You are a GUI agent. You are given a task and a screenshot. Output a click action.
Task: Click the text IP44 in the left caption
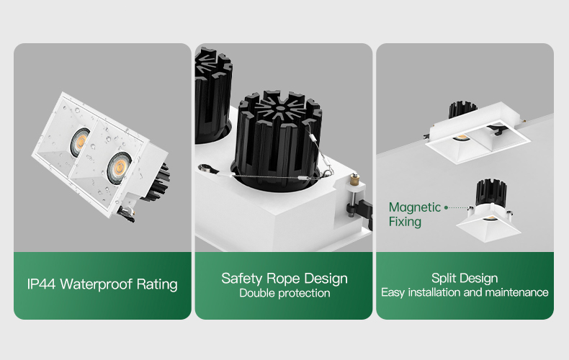tap(41, 284)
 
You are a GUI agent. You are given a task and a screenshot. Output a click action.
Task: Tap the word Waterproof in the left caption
tap(96, 284)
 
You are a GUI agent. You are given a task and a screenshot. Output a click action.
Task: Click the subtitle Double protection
tap(284, 293)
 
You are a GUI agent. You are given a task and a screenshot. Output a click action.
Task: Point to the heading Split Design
tap(465, 279)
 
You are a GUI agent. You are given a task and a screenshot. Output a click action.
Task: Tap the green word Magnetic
tap(415, 207)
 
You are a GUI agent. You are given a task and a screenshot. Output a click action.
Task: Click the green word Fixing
tap(405, 222)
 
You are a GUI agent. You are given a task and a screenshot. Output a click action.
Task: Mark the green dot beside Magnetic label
tap(446, 207)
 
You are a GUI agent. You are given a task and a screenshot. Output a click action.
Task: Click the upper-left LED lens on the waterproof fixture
tap(80, 142)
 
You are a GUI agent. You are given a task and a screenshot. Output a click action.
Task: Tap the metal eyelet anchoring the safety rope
tap(206, 168)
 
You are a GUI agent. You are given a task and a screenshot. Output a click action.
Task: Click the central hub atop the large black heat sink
tap(280, 108)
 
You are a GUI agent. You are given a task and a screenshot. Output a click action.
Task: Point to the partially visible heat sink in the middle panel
tap(212, 96)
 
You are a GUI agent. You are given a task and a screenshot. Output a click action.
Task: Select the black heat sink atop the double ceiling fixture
tap(462, 109)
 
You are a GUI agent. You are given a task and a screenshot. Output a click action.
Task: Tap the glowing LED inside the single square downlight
tap(490, 218)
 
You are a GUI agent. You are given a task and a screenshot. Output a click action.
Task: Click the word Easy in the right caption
tap(393, 293)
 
